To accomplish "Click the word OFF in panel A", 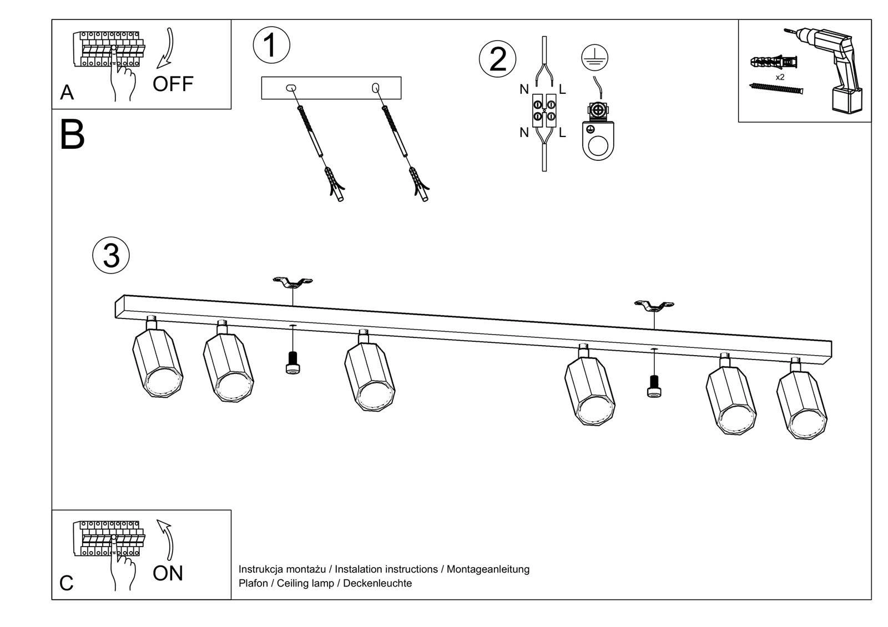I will (173, 84).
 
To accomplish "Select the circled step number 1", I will (271, 45).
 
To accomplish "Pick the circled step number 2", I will (497, 59).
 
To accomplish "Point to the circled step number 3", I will (111, 256).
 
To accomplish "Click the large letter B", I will (72, 135).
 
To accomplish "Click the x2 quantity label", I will (780, 78).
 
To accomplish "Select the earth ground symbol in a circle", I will (594, 58).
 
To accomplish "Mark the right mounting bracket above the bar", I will (654, 306).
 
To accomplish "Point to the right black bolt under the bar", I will (654, 386).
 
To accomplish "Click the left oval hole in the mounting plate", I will (291, 88).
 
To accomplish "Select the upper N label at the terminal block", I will (524, 89).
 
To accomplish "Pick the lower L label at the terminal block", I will (562, 133).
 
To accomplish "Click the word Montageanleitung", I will (488, 569).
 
